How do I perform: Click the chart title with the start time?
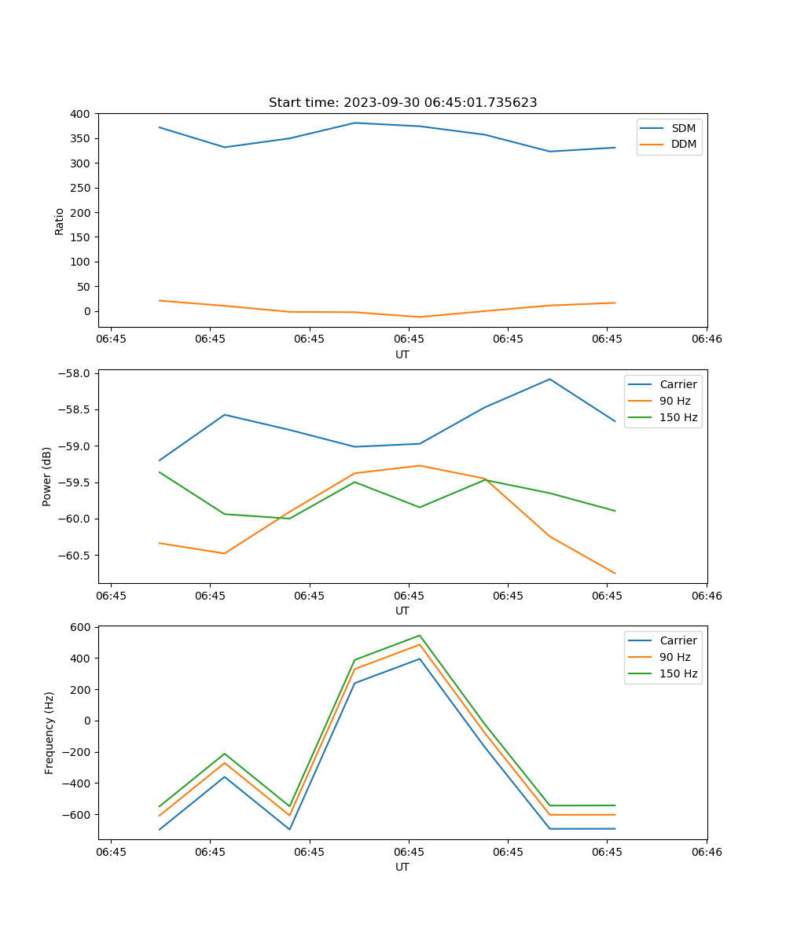[x=402, y=103]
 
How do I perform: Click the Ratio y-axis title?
[x=60, y=221]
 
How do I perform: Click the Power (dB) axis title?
[x=47, y=476]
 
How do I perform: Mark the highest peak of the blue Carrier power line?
[x=549, y=380]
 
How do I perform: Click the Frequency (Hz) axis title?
[x=49, y=732]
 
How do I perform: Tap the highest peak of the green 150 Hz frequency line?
[x=420, y=636]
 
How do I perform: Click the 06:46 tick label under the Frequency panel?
[x=706, y=852]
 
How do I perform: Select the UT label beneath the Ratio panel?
[x=402, y=354]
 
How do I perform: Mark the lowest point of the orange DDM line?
[x=420, y=317]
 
